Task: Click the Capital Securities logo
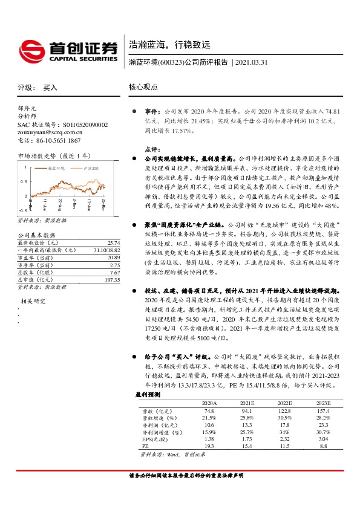tap(67, 50)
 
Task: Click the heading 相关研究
tap(33, 300)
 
